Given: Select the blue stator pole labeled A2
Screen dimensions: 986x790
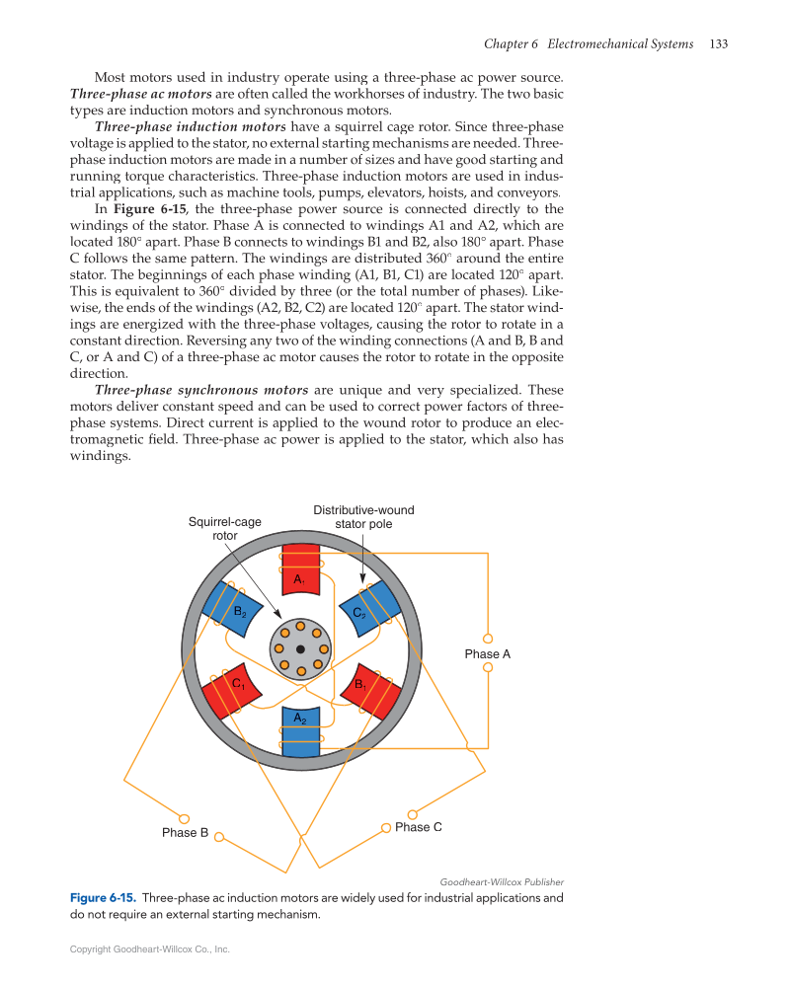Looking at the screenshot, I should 301,731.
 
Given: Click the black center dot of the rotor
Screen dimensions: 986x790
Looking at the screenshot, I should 300,648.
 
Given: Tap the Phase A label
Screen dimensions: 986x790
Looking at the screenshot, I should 488,653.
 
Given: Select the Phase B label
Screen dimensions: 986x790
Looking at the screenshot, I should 186,833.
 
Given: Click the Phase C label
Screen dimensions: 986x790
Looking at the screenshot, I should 418,827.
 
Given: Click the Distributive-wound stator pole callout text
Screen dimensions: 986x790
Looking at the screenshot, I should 363,517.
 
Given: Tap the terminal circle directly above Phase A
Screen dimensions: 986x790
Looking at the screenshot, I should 488,638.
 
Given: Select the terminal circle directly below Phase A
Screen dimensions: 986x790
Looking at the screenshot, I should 488,668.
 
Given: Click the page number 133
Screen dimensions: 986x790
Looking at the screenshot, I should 719,44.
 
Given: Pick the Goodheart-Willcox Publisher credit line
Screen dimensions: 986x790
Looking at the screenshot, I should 502,881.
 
